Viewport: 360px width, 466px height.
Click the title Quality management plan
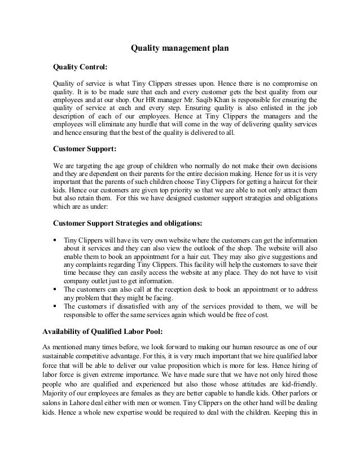[x=179, y=49]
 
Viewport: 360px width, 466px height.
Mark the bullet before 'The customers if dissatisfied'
[x=55, y=306]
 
